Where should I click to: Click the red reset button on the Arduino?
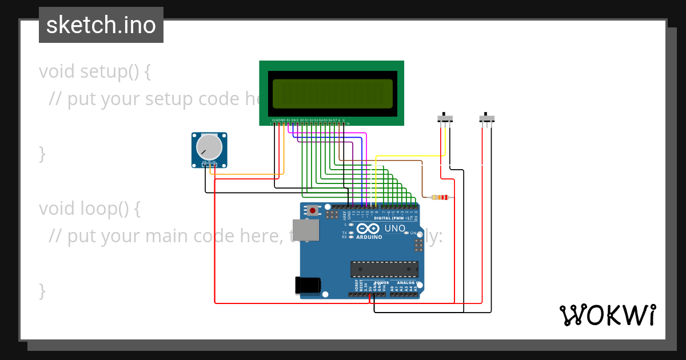(x=313, y=211)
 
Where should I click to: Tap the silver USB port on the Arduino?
(x=306, y=230)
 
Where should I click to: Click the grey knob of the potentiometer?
(x=209, y=147)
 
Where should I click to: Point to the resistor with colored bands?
(x=439, y=198)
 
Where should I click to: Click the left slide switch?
(x=445, y=118)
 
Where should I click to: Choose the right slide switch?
(x=487, y=118)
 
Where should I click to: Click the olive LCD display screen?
(x=332, y=94)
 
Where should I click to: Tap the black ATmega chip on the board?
(x=384, y=269)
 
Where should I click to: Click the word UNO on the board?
(x=394, y=229)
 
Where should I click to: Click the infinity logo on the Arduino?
(x=368, y=229)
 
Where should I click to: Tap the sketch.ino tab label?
(x=101, y=25)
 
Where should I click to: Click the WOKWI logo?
(x=607, y=315)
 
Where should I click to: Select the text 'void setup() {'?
(x=95, y=72)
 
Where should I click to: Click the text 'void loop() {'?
(x=89, y=209)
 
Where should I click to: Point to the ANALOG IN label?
(x=406, y=283)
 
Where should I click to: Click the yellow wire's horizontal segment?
(x=409, y=155)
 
